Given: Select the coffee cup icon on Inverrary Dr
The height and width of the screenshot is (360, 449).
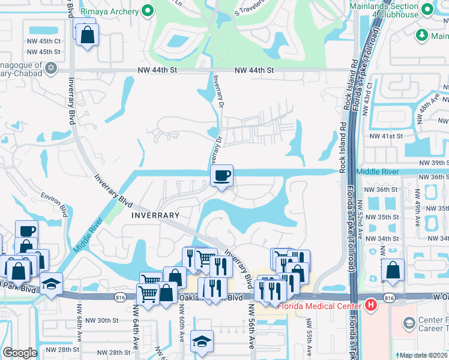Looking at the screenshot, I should coord(222,176).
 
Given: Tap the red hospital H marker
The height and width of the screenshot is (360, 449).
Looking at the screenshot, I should coord(370,305).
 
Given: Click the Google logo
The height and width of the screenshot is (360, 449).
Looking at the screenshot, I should coord(20,353).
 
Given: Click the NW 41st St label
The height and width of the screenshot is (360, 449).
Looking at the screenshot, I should coord(385,136).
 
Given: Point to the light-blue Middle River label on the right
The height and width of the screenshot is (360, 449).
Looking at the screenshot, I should coord(378,172).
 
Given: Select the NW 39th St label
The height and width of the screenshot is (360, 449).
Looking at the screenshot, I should coord(433,163).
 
